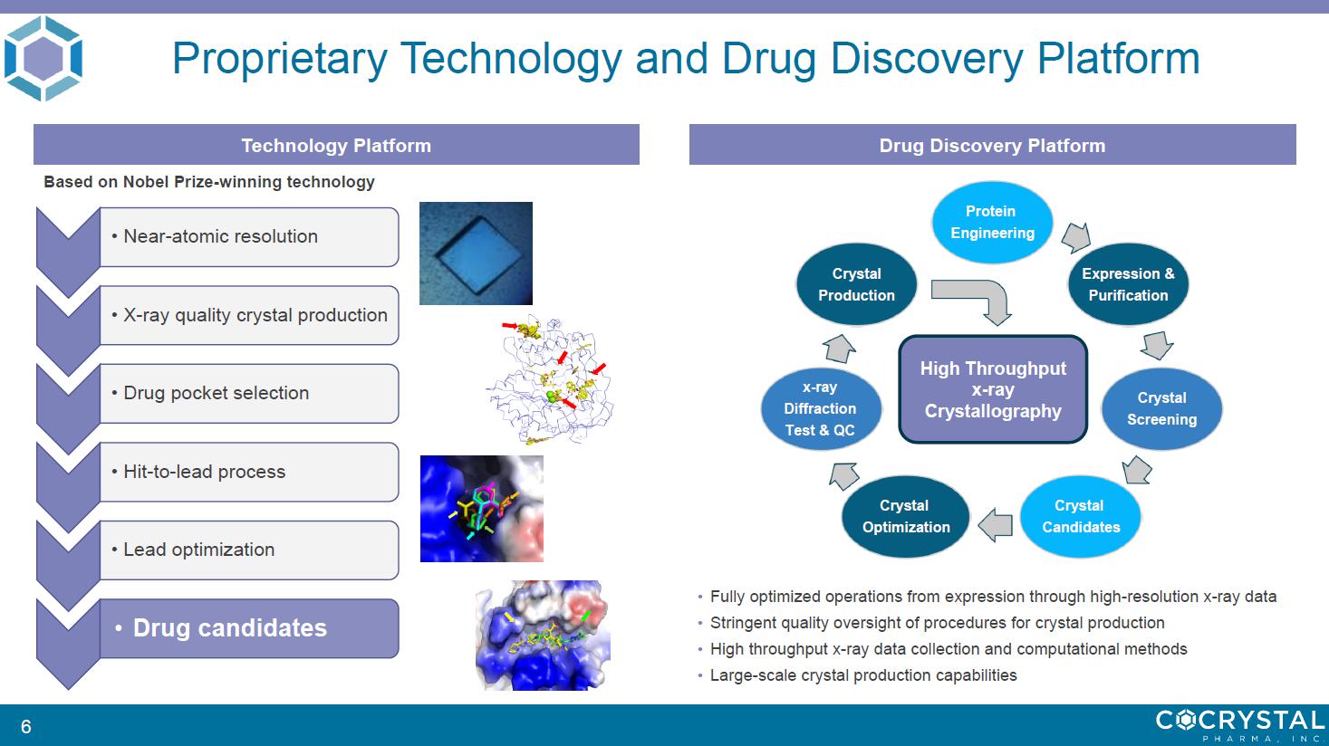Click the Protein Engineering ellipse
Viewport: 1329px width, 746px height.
[992, 223]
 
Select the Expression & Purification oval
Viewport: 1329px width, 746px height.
[1128, 284]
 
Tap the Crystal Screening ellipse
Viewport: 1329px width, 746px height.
[1161, 408]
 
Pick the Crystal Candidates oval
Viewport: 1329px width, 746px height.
[1081, 517]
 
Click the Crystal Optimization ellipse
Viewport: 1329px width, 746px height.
[905, 517]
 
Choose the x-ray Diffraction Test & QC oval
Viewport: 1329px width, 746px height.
[821, 408]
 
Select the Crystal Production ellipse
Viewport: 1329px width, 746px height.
[856, 284]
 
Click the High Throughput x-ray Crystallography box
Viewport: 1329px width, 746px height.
[993, 389]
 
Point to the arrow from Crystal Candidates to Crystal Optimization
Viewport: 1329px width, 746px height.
[995, 525]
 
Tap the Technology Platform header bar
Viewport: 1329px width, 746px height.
[336, 145]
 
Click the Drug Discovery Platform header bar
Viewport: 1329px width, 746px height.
[993, 145]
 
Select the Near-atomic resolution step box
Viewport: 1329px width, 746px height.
[249, 236]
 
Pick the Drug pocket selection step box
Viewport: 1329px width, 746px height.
[249, 393]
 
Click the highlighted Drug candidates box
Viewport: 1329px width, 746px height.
[249, 628]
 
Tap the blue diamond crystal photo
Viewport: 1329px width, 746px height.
[476, 253]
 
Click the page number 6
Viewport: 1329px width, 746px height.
[26, 726]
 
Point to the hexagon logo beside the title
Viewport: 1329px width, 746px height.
[43, 58]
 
